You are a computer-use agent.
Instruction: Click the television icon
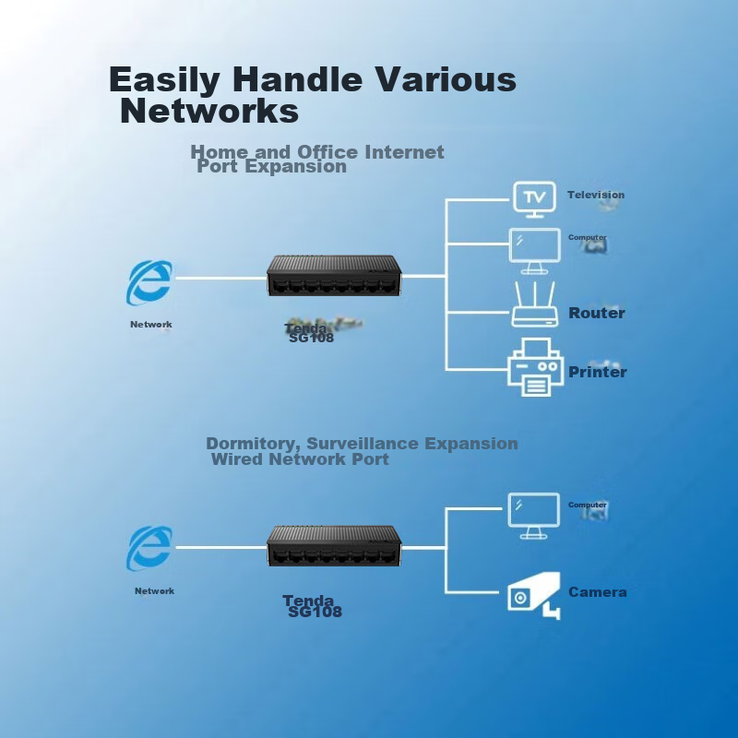click(x=534, y=196)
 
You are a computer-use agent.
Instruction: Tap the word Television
click(x=595, y=195)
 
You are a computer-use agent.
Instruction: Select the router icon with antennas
click(x=535, y=304)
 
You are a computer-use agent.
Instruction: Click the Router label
click(x=596, y=313)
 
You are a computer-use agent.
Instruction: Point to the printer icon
click(x=535, y=367)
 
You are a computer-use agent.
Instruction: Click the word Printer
click(x=597, y=372)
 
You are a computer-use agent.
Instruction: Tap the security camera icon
click(x=534, y=595)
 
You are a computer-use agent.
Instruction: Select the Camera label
click(x=597, y=592)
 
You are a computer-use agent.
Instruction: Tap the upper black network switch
click(x=333, y=276)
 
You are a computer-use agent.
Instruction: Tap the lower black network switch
click(x=333, y=547)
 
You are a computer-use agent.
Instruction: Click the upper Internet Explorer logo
click(x=149, y=282)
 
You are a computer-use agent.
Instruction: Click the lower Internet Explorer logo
click(x=149, y=548)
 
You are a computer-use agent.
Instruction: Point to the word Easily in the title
click(x=164, y=80)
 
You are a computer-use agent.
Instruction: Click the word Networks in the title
click(x=209, y=112)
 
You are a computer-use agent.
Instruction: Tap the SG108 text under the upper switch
click(x=311, y=338)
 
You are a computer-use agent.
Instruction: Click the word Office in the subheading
click(x=327, y=152)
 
